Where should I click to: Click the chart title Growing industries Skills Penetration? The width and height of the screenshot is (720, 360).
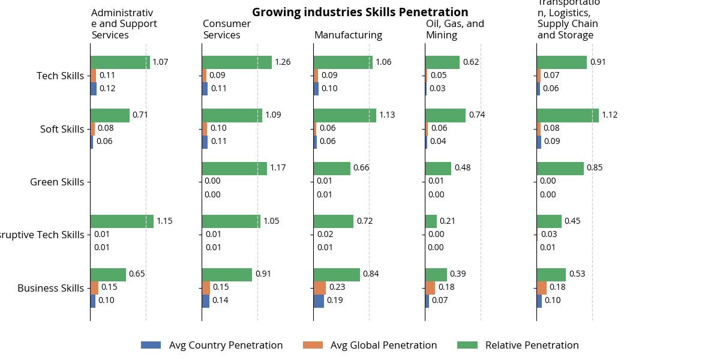click(x=360, y=12)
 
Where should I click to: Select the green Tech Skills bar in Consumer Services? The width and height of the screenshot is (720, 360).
click(x=236, y=62)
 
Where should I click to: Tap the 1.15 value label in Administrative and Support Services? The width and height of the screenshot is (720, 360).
click(x=164, y=221)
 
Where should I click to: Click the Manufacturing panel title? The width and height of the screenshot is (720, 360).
click(x=348, y=35)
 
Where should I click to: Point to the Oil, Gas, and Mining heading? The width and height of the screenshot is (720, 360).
click(x=454, y=29)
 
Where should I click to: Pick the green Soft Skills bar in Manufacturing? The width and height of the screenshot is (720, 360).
click(x=344, y=115)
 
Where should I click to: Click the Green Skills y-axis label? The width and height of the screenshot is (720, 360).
click(x=57, y=182)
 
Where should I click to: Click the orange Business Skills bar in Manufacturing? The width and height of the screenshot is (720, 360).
click(x=319, y=287)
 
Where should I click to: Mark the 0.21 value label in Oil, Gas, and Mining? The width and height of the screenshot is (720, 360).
click(x=448, y=221)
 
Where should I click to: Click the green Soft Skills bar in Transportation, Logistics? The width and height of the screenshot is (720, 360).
click(x=567, y=115)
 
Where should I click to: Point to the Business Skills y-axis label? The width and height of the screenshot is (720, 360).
click(x=50, y=288)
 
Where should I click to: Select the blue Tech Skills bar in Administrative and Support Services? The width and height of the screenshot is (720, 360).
click(x=93, y=89)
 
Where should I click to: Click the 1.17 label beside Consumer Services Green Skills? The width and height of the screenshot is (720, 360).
click(x=278, y=168)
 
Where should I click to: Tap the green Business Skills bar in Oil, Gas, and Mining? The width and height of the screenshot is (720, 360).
click(x=436, y=274)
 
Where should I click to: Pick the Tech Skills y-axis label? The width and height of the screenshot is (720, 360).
click(x=60, y=76)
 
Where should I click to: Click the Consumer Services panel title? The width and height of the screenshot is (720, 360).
click(x=227, y=29)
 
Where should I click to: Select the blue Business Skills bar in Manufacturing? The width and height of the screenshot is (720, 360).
click(x=318, y=301)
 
